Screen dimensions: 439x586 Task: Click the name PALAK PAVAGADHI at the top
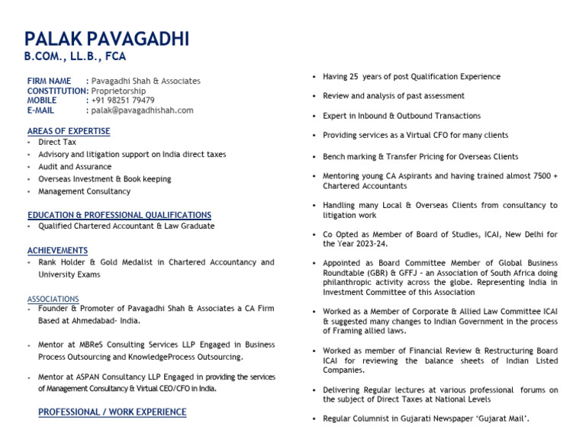[107, 39]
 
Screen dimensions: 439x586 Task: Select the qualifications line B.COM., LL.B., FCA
[75, 56]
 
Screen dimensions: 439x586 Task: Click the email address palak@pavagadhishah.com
[142, 110]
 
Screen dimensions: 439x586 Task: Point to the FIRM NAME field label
[49, 81]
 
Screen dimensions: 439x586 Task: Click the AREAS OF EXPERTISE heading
[69, 131]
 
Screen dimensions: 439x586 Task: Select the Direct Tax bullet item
[57, 142]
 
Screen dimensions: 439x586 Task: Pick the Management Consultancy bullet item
[84, 191]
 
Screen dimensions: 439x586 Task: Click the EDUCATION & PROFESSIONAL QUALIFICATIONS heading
[119, 215]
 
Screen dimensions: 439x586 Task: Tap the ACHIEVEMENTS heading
[57, 250]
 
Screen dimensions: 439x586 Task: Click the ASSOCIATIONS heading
[53, 299]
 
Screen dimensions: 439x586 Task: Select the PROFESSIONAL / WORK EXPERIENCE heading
[112, 412]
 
